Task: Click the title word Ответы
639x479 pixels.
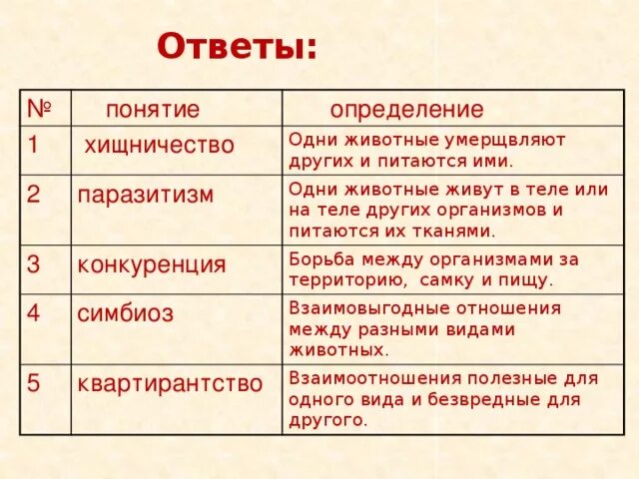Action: pyautogui.click(x=237, y=47)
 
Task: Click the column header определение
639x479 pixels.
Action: pyautogui.click(x=406, y=110)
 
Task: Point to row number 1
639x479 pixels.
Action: pyautogui.click(x=32, y=145)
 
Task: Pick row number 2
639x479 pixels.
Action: pyautogui.click(x=33, y=194)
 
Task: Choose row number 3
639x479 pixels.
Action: pyautogui.click(x=33, y=264)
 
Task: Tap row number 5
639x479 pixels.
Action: pyautogui.click(x=33, y=382)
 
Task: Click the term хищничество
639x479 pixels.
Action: pyautogui.click(x=159, y=146)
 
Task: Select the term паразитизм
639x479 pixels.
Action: pyautogui.click(x=146, y=194)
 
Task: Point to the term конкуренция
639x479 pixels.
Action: pyautogui.click(x=152, y=265)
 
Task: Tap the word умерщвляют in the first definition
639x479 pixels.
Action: pyautogui.click(x=516, y=140)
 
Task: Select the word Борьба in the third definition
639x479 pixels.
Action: pyautogui.click(x=319, y=258)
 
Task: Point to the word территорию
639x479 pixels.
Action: pyautogui.click(x=347, y=279)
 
